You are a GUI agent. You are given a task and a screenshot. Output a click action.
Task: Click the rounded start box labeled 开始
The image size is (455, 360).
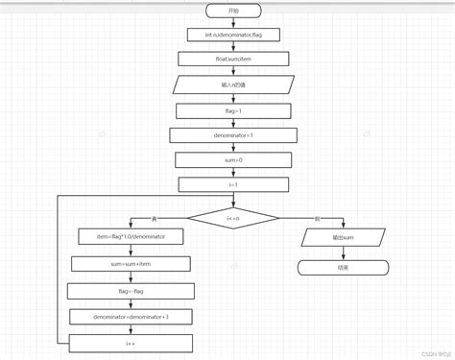[233, 10]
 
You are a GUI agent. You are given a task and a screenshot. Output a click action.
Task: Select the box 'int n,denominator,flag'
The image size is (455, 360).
[232, 35]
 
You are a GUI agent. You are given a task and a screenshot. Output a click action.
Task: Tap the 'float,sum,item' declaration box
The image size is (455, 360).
[232, 60]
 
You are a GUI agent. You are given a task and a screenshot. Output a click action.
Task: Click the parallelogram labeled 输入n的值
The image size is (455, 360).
[232, 84]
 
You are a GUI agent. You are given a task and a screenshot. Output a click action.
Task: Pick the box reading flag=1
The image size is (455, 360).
[232, 110]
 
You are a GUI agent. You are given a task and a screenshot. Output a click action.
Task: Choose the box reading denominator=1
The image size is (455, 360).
[232, 135]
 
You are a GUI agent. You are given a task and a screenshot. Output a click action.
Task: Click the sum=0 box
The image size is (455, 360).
[232, 160]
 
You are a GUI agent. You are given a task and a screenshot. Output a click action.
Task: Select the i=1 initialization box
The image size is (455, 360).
[232, 185]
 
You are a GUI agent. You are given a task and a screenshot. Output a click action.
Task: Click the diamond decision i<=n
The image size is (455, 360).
[232, 218]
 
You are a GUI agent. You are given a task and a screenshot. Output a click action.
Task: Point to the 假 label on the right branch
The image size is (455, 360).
[317, 219]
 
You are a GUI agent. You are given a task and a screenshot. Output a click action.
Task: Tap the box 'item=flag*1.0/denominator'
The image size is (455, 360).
[132, 236]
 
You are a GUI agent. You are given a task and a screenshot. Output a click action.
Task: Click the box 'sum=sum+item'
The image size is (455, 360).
[132, 262]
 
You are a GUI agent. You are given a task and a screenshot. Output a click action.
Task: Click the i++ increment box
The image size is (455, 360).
[132, 340]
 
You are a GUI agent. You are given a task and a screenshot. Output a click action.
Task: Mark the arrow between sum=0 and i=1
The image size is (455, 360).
[232, 173]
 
